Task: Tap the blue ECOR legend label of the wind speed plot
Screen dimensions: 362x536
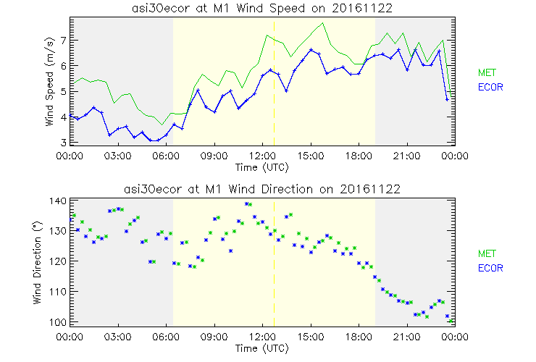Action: point(491,87)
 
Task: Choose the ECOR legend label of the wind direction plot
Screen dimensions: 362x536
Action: point(491,268)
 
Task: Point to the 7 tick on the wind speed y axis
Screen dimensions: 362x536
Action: point(63,40)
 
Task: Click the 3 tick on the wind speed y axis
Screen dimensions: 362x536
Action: point(63,143)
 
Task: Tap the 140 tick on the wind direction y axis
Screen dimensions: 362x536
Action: point(58,201)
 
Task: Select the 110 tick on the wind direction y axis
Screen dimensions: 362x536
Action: point(58,291)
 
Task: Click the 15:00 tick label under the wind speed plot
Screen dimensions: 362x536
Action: point(310,156)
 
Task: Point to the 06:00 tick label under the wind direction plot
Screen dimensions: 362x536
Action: point(166,337)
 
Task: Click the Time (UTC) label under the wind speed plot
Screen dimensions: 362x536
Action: point(261,167)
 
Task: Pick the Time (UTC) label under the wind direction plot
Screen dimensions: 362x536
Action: point(261,348)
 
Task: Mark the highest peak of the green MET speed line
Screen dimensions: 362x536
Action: point(323,23)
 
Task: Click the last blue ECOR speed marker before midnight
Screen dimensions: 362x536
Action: point(448,98)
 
